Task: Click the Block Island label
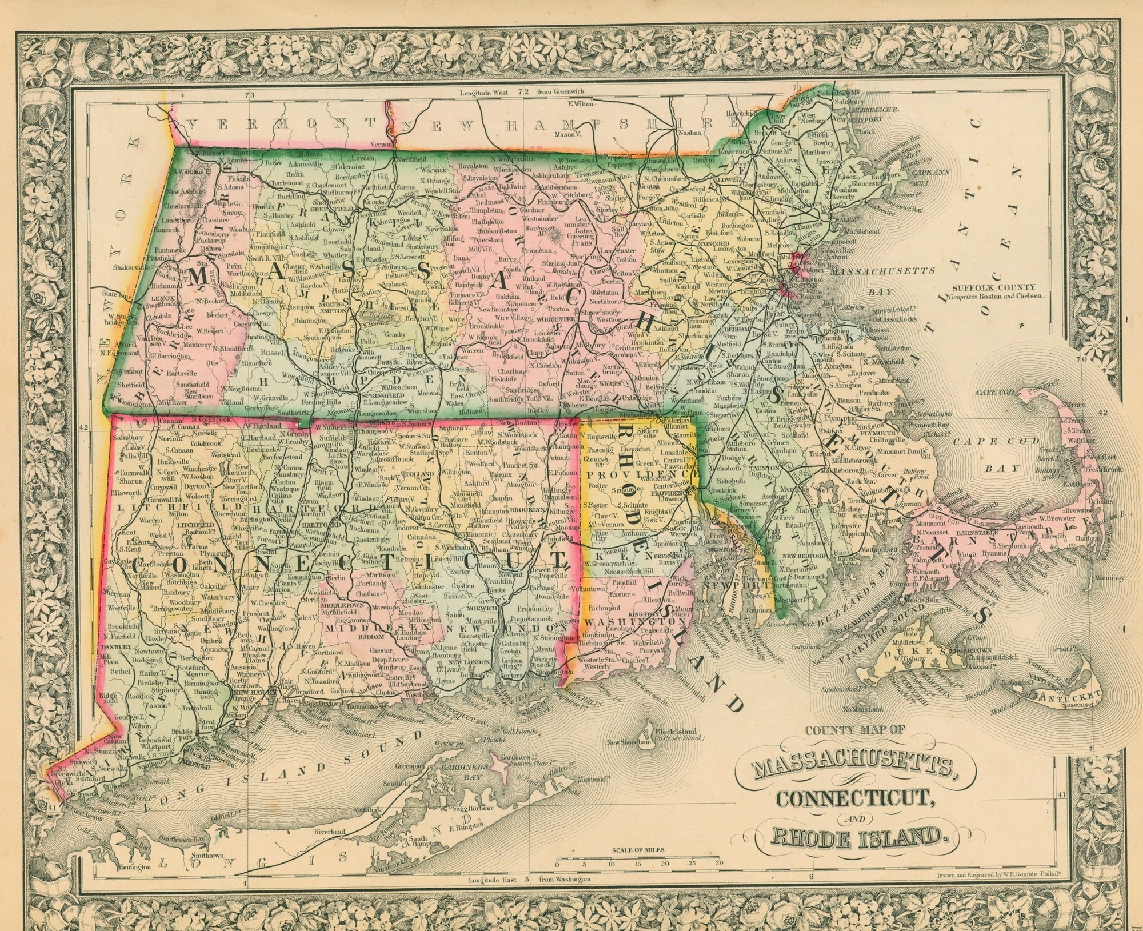point(676,731)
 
